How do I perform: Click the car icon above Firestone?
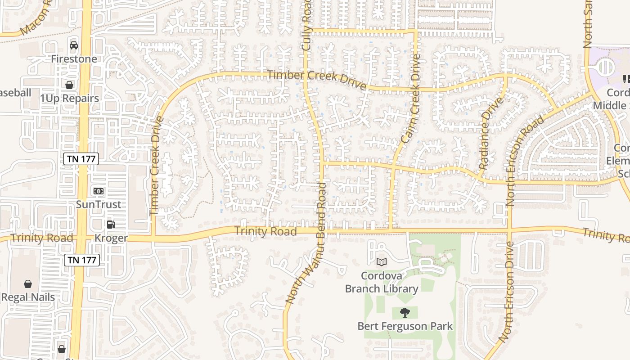(x=74, y=45)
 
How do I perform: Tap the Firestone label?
(x=74, y=59)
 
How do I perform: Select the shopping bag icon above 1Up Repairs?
(x=69, y=85)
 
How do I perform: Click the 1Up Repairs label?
(x=69, y=98)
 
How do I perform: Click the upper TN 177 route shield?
(x=81, y=158)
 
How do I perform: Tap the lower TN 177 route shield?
(x=81, y=260)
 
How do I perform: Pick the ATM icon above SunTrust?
(x=98, y=191)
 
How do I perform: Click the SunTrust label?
(x=98, y=204)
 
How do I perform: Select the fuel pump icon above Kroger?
(x=111, y=224)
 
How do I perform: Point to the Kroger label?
(x=111, y=238)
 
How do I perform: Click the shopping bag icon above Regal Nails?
(x=28, y=284)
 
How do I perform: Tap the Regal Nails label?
(x=28, y=297)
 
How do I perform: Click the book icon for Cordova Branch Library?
(x=382, y=261)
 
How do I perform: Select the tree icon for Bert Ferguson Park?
(x=405, y=312)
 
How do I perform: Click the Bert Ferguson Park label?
(x=405, y=326)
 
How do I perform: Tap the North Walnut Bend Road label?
(x=306, y=243)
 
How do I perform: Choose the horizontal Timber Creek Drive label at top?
(x=316, y=80)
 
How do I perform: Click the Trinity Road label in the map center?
(x=265, y=231)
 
